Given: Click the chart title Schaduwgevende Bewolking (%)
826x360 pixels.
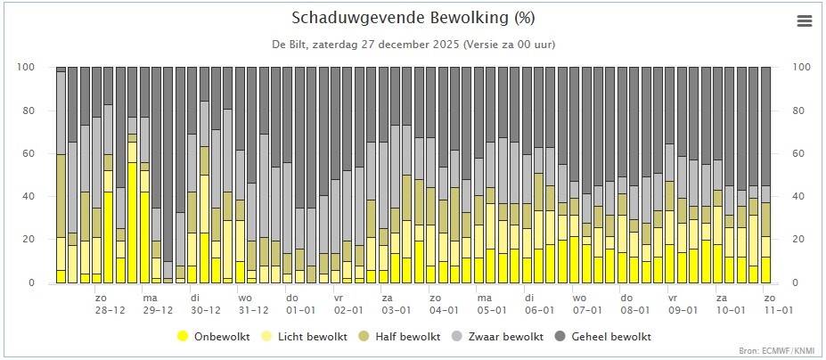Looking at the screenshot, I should point(413,19).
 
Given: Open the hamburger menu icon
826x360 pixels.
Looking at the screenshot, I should point(805,21).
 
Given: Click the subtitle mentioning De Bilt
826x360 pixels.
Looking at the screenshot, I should point(413,45).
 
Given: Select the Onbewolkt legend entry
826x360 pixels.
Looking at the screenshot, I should point(208,337).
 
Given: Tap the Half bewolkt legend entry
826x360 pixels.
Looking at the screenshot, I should point(401,337).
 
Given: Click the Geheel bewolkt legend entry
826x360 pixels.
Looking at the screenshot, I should point(607,337).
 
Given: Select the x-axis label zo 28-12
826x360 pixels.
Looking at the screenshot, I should point(110,304).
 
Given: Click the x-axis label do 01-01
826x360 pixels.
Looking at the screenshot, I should point(299,304).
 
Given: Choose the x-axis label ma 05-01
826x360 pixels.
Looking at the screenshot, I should point(491,304).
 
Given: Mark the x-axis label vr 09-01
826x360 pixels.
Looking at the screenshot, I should point(682,304).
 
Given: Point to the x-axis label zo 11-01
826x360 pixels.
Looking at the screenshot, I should point(778,304).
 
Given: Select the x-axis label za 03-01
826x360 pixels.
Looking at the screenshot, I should point(395,304).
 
